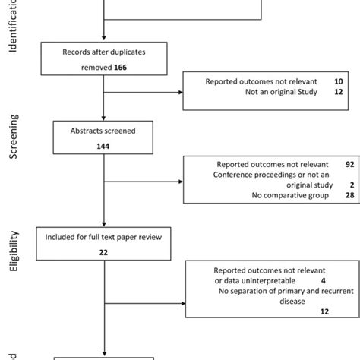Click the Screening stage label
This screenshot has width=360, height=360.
(x=14, y=137)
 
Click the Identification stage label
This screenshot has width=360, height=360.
(x=14, y=27)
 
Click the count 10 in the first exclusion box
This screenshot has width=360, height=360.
(x=327, y=80)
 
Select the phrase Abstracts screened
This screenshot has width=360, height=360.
(x=103, y=131)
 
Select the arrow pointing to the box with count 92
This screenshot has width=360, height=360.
(x=179, y=181)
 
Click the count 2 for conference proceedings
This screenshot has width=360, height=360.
(x=329, y=185)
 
